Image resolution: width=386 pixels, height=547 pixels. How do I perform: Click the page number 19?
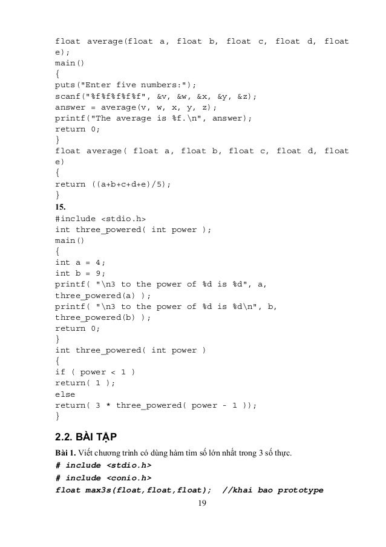pyautogui.click(x=193, y=503)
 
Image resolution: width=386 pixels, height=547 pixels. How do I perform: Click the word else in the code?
pyautogui.click(x=65, y=394)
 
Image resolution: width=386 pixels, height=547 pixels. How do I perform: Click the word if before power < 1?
pyautogui.click(x=61, y=372)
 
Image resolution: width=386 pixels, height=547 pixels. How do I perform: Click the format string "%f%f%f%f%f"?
pyautogui.click(x=118, y=96)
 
